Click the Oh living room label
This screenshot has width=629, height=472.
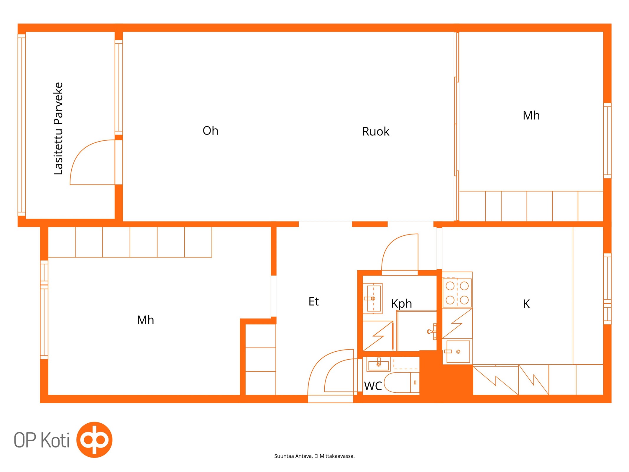click(x=210, y=130)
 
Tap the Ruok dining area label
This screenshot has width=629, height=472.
click(x=375, y=131)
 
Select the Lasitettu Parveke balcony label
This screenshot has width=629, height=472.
click(x=58, y=128)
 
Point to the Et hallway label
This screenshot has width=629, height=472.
click(x=313, y=301)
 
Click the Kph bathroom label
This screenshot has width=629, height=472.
click(x=401, y=304)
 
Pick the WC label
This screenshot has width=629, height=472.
click(x=373, y=386)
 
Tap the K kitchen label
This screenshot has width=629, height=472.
click(x=526, y=304)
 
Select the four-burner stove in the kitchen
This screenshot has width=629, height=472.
click(x=457, y=293)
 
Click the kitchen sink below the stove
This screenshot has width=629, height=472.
click(x=458, y=351)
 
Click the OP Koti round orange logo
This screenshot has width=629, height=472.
click(x=94, y=440)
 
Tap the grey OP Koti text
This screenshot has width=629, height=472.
click(x=42, y=440)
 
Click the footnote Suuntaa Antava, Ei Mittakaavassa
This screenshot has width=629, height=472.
click(x=314, y=456)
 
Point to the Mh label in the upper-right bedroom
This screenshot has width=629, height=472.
click(x=531, y=115)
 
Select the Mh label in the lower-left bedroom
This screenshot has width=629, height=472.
click(x=145, y=320)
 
